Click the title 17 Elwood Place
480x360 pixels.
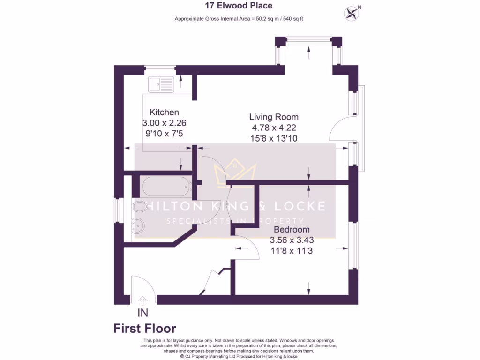[239, 6]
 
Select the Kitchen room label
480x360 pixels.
[164, 112]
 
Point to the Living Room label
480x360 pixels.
[274, 117]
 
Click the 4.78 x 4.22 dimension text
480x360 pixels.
[274, 127]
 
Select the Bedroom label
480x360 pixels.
[292, 230]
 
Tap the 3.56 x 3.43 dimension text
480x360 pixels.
[292, 240]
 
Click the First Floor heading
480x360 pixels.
[145, 329]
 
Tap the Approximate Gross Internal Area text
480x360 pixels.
[240, 19]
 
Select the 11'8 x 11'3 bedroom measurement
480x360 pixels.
[292, 251]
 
